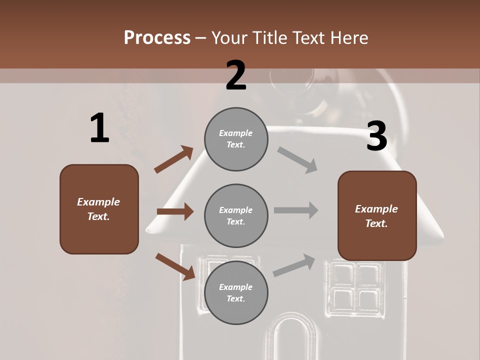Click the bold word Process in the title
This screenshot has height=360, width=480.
click(x=157, y=38)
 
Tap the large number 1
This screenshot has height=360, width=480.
click(x=99, y=128)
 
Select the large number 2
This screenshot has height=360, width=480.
click(x=236, y=75)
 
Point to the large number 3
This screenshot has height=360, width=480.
click(x=376, y=136)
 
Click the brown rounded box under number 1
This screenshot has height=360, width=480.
click(x=99, y=209)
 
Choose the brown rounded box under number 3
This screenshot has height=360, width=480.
click(x=377, y=215)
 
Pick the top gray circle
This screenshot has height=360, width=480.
click(x=236, y=139)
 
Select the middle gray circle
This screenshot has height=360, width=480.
click(x=236, y=215)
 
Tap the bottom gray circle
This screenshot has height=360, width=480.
click(x=236, y=292)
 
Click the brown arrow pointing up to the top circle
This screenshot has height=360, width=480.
click(x=174, y=159)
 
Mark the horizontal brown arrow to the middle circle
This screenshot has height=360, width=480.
click(x=175, y=211)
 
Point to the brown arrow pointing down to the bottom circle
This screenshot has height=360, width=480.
click(x=175, y=266)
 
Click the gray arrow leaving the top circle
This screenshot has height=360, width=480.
click(x=297, y=160)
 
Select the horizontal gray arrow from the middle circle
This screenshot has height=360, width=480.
click(x=296, y=210)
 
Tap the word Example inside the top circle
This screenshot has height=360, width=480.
click(x=236, y=133)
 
